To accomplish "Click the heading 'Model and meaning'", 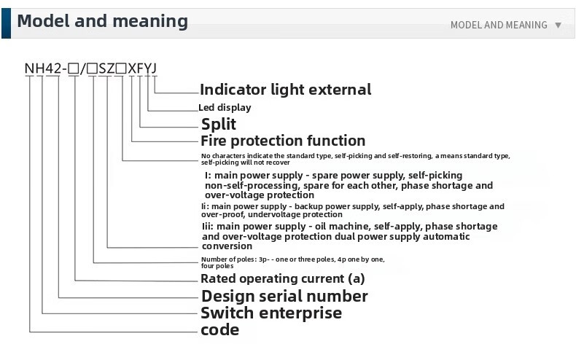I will pyautogui.click(x=102, y=21).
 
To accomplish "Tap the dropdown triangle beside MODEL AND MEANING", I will pyautogui.click(x=559, y=25).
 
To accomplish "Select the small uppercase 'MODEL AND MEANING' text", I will pyautogui.click(x=499, y=25).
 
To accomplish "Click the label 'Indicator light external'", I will pyautogui.click(x=285, y=90).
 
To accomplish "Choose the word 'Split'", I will pyautogui.click(x=218, y=124).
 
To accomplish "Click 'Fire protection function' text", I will pyautogui.click(x=283, y=141).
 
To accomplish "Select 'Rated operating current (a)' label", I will pyautogui.click(x=283, y=278).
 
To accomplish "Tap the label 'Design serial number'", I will pyautogui.click(x=284, y=296).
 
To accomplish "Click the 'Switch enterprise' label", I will pyautogui.click(x=271, y=313).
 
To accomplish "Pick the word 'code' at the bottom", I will pyautogui.click(x=219, y=330).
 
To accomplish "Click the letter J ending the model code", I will pyautogui.click(x=153, y=69).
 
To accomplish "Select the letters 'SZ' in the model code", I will pyautogui.click(x=107, y=69).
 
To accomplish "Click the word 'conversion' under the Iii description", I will pyautogui.click(x=227, y=246).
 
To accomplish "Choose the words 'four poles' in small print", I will pyautogui.click(x=217, y=266).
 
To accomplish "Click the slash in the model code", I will pyautogui.click(x=83, y=69).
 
